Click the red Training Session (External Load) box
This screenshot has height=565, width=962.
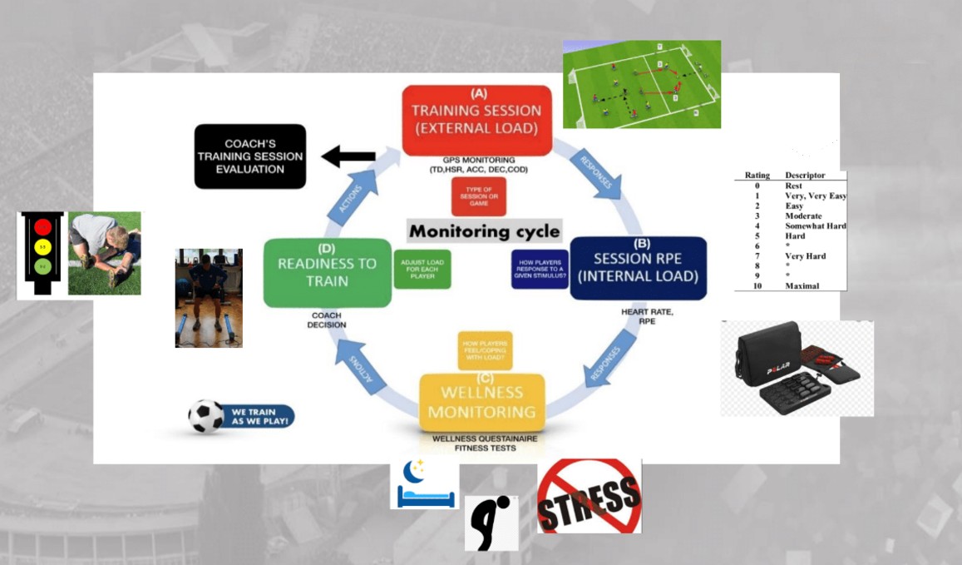tap(477, 120)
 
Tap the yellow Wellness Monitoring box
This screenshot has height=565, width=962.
tap(482, 402)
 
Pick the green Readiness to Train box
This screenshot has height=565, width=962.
tap(327, 272)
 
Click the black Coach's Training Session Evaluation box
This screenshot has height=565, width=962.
tap(250, 156)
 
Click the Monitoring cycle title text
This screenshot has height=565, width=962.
tap(484, 230)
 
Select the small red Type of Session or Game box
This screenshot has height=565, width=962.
tap(478, 196)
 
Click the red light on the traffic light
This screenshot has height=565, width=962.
tap(42, 226)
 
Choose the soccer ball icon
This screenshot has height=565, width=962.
tap(205, 416)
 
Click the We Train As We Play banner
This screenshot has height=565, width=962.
tap(259, 416)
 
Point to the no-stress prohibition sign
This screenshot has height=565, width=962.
tap(590, 496)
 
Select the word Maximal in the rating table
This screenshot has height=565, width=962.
tap(802, 285)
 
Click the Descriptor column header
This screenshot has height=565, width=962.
tap(806, 176)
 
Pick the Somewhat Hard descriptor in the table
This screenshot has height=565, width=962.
tap(816, 226)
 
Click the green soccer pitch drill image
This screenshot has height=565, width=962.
tap(641, 84)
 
